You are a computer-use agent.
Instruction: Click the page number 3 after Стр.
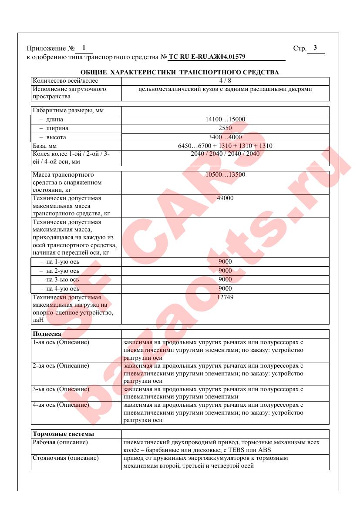315,48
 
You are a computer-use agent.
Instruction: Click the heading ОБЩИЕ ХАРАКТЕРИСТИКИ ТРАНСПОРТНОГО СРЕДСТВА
180,72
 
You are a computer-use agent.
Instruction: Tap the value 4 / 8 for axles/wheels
225,80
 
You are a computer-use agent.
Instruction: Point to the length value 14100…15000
225,119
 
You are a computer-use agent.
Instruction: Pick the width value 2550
225,128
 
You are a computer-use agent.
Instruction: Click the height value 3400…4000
225,137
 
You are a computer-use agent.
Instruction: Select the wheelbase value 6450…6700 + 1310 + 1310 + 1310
225,146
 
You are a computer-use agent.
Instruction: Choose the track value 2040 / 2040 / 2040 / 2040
225,154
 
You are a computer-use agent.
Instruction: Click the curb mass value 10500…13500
225,175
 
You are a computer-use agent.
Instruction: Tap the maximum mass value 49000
225,198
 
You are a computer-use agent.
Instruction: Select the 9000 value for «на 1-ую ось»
225,261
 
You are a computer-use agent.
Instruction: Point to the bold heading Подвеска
47,334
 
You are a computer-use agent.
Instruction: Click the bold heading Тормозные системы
64,434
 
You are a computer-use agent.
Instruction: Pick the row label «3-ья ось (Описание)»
61,389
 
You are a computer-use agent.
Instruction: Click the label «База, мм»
45,146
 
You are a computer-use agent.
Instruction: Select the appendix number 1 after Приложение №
84,48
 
